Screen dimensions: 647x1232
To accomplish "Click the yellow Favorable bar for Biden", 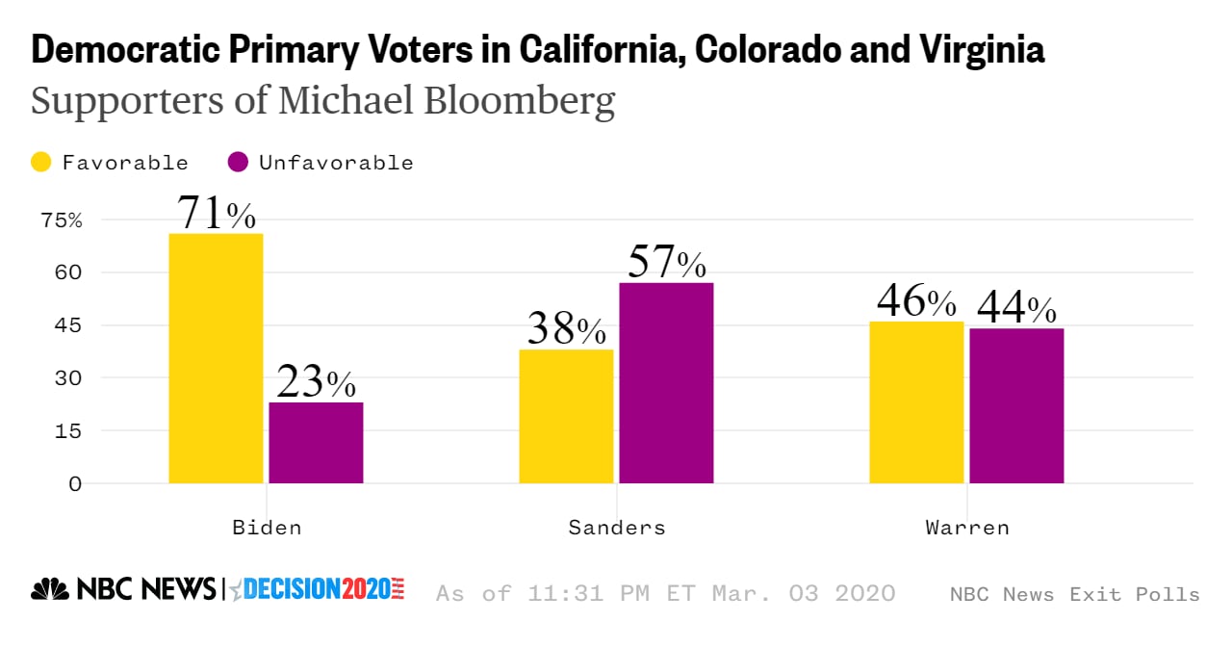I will pos(216,358).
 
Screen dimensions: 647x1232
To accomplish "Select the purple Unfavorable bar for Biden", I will pos(316,443).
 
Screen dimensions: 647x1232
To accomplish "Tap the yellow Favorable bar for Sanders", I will pos(566,416).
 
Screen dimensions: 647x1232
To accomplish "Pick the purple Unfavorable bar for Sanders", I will pos(666,383).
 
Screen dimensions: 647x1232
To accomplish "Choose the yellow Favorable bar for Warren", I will pos(916,402).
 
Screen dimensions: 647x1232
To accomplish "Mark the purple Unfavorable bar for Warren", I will pos(1016,406).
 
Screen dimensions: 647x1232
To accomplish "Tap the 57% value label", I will pos(666,261).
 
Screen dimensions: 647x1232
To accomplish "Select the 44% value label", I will pos(1016,307).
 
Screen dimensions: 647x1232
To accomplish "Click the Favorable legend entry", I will pos(110,163).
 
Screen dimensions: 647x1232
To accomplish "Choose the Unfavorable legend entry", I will pos(321,163).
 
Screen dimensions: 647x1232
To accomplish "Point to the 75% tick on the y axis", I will pos(62,220).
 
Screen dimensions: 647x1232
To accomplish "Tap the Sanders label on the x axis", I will pos(616,528).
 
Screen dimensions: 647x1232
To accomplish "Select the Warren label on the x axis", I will pos(966,528).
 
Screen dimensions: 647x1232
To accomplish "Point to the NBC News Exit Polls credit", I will pos(1074,594).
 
